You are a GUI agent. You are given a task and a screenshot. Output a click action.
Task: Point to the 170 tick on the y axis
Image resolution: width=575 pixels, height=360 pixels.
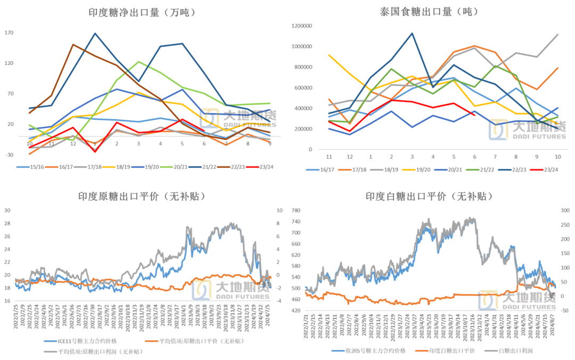9,33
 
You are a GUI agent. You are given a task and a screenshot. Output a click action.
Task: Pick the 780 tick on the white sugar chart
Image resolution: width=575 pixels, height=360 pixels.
296,210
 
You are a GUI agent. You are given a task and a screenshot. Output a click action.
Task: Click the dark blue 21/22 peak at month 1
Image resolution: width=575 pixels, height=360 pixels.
95,34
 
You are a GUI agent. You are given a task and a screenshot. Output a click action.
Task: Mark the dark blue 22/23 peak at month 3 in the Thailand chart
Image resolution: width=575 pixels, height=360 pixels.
412,33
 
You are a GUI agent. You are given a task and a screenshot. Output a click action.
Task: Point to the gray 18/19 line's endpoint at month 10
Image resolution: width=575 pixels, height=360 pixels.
557,35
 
